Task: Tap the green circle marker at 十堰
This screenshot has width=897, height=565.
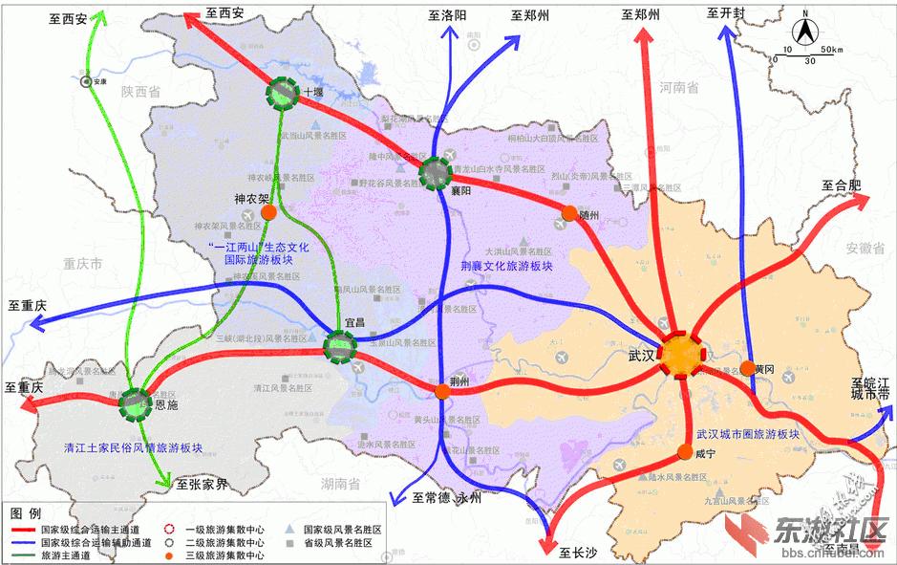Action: point(283,93)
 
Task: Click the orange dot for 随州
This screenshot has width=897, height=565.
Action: point(569,213)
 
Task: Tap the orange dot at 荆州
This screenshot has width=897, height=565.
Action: point(442,391)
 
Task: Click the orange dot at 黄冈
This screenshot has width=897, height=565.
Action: point(747,368)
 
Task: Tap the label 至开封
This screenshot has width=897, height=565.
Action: point(726,13)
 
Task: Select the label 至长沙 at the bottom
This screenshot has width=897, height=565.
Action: point(579,553)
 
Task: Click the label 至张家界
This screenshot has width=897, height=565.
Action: point(202,485)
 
